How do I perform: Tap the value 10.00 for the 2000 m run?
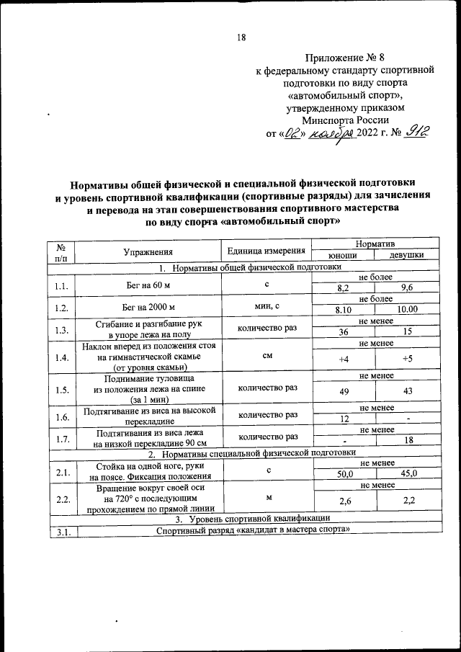[x=407, y=310]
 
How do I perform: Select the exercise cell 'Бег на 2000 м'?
[x=148, y=305]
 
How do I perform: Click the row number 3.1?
[x=61, y=532]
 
